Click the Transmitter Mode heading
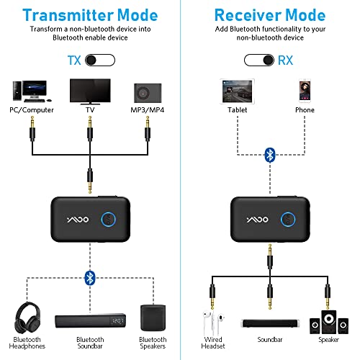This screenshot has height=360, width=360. (90, 15)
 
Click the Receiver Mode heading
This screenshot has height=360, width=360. (269, 15)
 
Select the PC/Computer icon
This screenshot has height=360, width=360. (29, 91)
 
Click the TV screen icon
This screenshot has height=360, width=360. (90, 89)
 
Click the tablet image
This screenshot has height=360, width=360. (238, 91)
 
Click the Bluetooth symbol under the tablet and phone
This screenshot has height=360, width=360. (270, 154)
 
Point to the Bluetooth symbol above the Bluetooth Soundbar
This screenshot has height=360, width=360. (90, 277)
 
